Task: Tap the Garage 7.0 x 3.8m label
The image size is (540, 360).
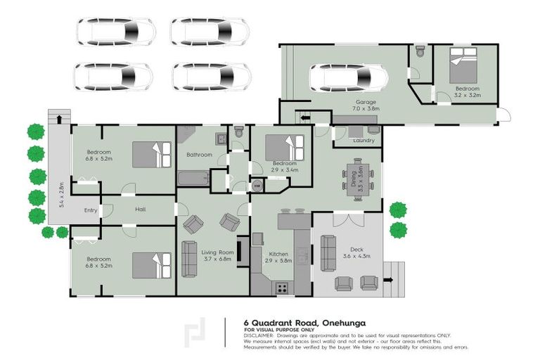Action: [x=366, y=105]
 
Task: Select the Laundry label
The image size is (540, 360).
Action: [x=364, y=141]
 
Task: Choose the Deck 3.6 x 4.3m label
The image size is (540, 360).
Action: [x=359, y=252]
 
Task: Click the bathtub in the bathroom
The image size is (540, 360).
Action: [x=193, y=179]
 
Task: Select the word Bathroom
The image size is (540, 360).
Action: [x=199, y=155]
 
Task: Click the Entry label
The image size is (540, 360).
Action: [x=91, y=210]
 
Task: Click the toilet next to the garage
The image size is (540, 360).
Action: [x=420, y=51]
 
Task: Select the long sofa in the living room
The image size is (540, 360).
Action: [x=189, y=259]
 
